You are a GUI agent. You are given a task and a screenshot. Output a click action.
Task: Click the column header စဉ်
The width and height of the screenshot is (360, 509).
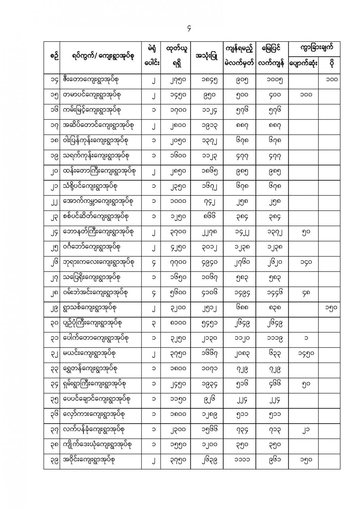52,57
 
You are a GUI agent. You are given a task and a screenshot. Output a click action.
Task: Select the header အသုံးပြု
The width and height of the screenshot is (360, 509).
207,57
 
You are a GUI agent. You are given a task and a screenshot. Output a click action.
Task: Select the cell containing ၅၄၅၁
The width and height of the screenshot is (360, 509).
207,323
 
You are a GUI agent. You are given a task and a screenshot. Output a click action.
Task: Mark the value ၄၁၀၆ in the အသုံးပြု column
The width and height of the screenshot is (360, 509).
207,293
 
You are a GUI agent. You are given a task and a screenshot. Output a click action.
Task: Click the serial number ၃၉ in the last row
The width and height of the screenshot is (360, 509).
52,460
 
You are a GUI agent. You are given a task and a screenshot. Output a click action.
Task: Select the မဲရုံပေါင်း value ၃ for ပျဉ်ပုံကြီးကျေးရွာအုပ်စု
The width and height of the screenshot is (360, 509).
154,323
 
